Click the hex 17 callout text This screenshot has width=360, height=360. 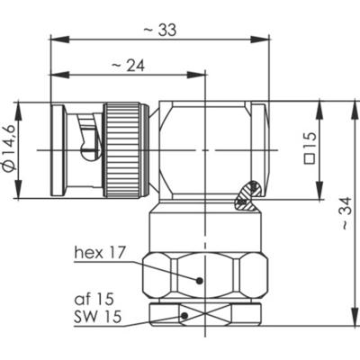pos(99,256)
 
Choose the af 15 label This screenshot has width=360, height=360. pos(95,296)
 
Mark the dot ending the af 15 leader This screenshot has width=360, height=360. pos(184,315)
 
